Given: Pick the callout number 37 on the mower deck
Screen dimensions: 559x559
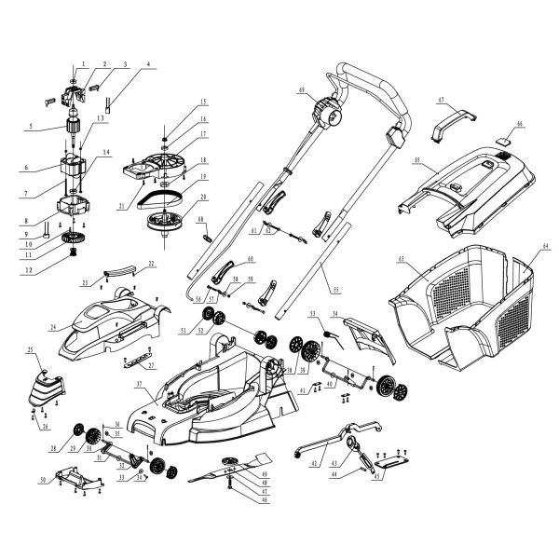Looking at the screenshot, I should (x=139, y=384).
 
